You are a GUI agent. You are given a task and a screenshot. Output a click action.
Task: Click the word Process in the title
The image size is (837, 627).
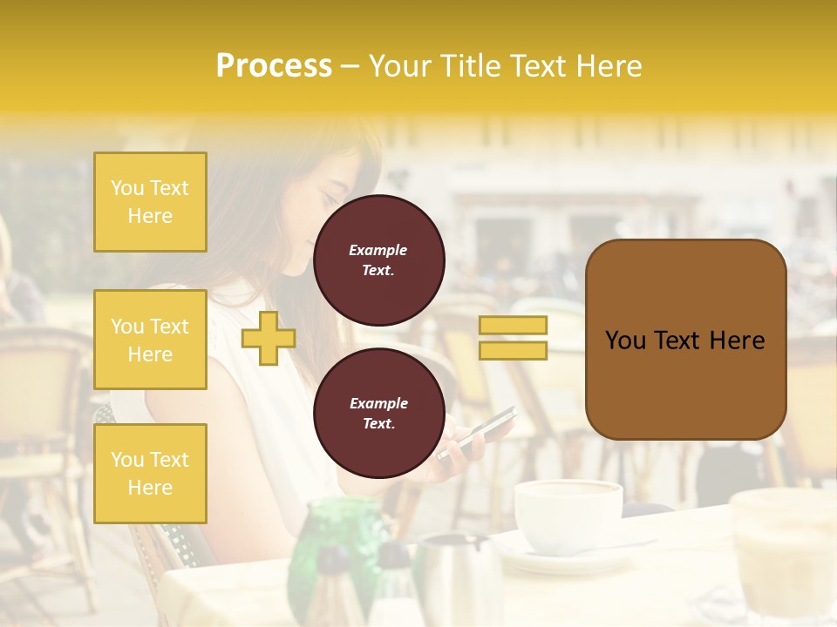tap(274, 65)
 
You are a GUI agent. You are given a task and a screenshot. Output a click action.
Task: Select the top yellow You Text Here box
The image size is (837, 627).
tap(150, 202)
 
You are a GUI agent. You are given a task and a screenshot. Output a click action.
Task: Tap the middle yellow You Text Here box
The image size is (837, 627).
tap(150, 340)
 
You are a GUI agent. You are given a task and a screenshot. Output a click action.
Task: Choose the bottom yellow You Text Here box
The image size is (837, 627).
tap(150, 473)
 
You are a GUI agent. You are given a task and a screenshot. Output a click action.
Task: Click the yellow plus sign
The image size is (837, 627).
tap(268, 338)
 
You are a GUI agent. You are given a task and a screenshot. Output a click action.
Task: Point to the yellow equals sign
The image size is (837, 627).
tap(513, 338)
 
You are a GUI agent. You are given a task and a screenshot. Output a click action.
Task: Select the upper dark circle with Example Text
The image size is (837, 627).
tap(378, 260)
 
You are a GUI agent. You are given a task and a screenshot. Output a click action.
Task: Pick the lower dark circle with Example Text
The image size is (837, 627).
tap(378, 413)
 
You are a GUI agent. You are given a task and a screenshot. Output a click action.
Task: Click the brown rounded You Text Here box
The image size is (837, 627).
tap(684, 340)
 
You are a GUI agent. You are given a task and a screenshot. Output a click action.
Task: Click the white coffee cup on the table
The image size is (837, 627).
tap(568, 515)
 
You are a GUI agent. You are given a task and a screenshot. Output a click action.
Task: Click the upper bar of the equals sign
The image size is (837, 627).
tap(513, 325)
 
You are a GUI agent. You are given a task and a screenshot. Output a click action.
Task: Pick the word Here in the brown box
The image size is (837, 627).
tap(737, 340)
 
